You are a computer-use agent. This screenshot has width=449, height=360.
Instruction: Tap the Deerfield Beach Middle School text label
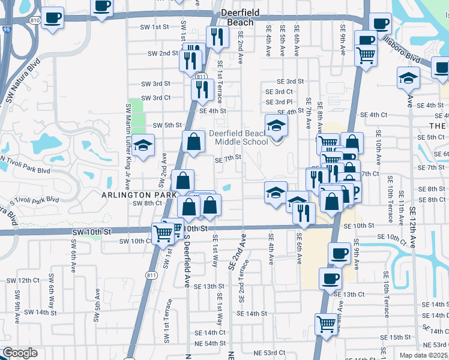238,137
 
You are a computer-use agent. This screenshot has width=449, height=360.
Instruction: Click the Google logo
20,353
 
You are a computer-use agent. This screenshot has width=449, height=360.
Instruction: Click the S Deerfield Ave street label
187,259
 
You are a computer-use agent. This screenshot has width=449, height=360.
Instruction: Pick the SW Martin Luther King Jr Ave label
129,139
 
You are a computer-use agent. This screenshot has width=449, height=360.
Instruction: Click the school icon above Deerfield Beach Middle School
276,126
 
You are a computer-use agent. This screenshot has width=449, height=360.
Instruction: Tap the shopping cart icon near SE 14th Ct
326,325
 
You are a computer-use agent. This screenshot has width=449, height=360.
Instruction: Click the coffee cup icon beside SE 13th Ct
330,278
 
